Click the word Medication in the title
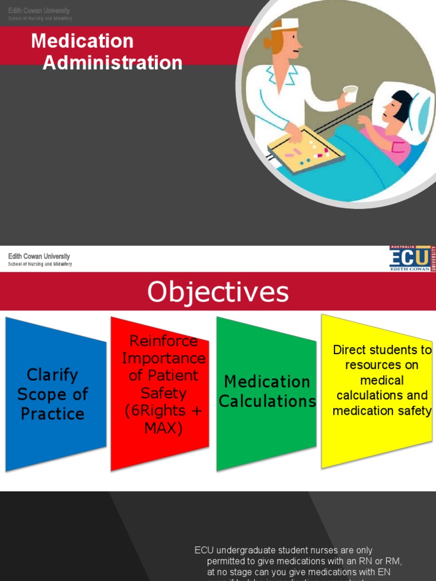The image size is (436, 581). (82, 41)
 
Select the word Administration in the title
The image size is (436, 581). (112, 62)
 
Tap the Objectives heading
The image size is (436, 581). (218, 292)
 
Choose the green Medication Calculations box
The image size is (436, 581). (267, 391)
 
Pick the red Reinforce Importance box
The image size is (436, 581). (161, 391)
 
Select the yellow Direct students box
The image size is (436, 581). (377, 391)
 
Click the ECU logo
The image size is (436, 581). (410, 258)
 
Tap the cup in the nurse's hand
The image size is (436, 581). (351, 93)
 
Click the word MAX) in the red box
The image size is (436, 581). (163, 428)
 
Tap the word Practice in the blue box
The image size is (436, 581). (52, 414)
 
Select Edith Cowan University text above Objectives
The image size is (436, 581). (39, 256)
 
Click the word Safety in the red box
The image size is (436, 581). (163, 393)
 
